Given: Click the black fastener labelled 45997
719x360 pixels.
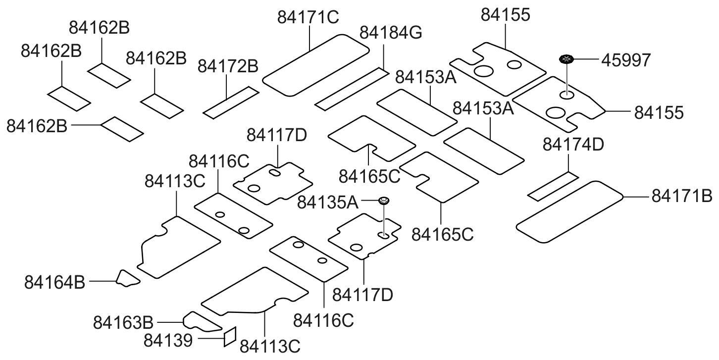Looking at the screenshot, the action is click(x=566, y=59).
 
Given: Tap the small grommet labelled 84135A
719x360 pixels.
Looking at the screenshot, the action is click(x=384, y=201).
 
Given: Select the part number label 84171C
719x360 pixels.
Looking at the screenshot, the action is click(x=308, y=17).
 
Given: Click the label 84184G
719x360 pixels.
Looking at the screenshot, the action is click(x=391, y=33).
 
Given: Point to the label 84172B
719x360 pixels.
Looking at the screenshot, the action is click(x=228, y=66).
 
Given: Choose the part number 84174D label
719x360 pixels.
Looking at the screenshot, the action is click(x=573, y=145).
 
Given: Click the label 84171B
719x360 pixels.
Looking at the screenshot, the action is click(x=682, y=196).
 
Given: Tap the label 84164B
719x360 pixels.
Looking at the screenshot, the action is click(x=54, y=283).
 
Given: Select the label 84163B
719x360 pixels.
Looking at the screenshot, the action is click(x=123, y=323).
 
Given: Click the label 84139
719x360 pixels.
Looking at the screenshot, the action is click(x=168, y=340).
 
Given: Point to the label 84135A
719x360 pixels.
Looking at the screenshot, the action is click(x=327, y=203).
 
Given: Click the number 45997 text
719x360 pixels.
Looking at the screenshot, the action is click(x=626, y=60).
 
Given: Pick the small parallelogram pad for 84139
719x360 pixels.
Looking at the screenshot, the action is click(x=230, y=337).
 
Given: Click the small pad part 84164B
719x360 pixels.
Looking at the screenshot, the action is click(x=127, y=278).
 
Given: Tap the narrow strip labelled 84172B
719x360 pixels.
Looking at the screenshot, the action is click(x=231, y=103).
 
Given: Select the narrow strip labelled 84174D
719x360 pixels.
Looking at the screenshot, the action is click(x=554, y=187).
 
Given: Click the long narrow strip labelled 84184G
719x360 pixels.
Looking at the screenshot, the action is click(x=352, y=89).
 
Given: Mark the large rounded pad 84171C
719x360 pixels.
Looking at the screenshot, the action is click(x=316, y=65).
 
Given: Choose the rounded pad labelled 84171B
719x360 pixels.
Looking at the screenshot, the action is click(x=569, y=212).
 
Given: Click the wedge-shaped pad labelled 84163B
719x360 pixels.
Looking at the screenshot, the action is click(x=202, y=322).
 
